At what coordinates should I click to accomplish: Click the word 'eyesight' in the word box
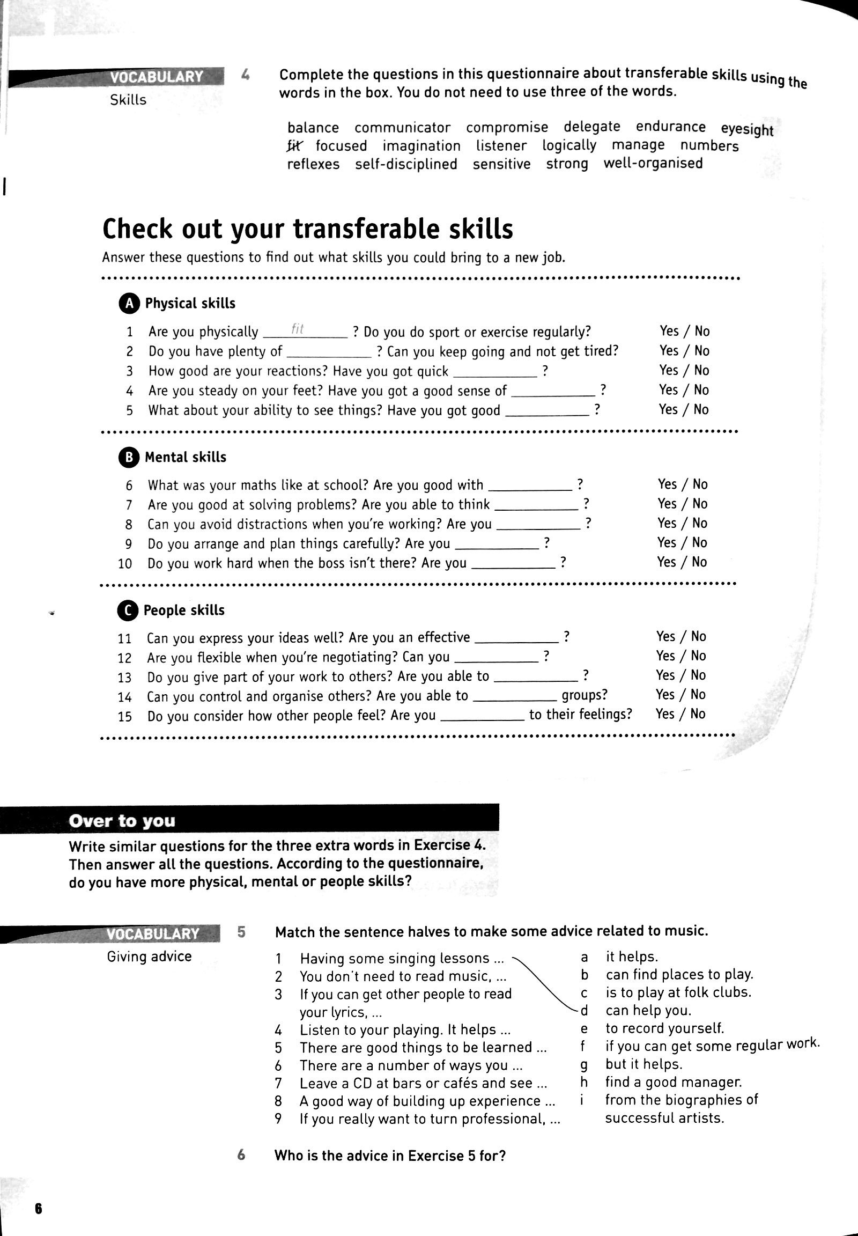pyautogui.click(x=746, y=129)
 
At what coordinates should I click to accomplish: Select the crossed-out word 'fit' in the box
pyautogui.click(x=294, y=145)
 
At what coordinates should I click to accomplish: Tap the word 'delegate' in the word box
pyautogui.click(x=592, y=127)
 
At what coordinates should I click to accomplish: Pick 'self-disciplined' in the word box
pyautogui.click(x=406, y=164)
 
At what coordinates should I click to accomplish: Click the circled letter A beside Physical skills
pyautogui.click(x=129, y=303)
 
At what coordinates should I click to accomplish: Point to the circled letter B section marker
pyautogui.click(x=128, y=457)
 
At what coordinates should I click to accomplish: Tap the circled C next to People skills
pyautogui.click(x=127, y=610)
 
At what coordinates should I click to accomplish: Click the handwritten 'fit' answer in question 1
pyautogui.click(x=297, y=329)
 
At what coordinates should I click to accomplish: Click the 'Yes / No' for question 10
pyautogui.click(x=682, y=562)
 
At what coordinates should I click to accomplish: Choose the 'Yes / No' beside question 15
pyautogui.click(x=680, y=713)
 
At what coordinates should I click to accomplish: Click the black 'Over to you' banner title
pyautogui.click(x=122, y=821)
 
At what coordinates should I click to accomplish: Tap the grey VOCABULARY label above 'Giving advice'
pyautogui.click(x=153, y=934)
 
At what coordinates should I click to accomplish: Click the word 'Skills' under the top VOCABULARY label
pyautogui.click(x=128, y=100)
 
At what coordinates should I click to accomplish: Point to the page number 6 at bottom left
pyautogui.click(x=38, y=1209)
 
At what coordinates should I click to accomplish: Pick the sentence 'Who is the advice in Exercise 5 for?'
pyautogui.click(x=390, y=1156)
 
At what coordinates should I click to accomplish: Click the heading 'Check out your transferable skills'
pyautogui.click(x=307, y=229)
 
